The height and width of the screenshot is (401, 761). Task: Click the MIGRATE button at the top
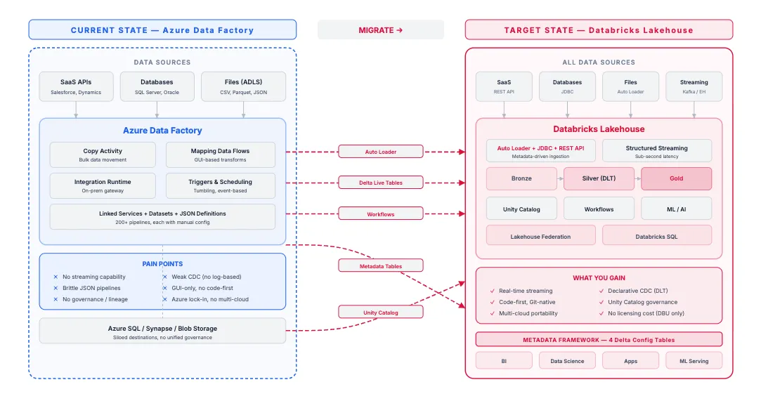[381, 30]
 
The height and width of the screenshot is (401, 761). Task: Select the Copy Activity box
[103, 155]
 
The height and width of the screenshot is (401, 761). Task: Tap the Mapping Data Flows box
[221, 155]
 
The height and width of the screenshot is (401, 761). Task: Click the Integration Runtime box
[103, 185]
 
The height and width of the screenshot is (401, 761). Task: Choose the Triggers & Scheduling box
[221, 185]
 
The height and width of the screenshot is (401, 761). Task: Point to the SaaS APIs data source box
[76, 86]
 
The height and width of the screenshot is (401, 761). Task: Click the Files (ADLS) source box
[243, 86]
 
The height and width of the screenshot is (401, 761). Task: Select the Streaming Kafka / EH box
[694, 86]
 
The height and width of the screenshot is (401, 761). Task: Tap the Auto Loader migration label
[381, 152]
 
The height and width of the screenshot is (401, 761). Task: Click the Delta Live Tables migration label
[381, 183]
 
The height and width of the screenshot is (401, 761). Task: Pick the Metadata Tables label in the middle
[381, 265]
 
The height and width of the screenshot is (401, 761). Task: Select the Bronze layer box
[521, 178]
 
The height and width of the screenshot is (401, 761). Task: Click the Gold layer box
[676, 178]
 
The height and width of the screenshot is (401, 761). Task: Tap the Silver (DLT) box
[599, 178]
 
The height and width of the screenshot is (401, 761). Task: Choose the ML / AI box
[676, 209]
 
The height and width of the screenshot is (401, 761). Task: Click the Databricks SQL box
[657, 236]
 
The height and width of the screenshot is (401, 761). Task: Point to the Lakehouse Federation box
[540, 236]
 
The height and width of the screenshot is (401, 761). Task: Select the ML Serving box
[694, 361]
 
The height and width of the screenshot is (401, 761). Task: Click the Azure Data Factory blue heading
[162, 131]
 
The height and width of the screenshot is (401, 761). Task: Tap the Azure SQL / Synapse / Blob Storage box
[162, 331]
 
